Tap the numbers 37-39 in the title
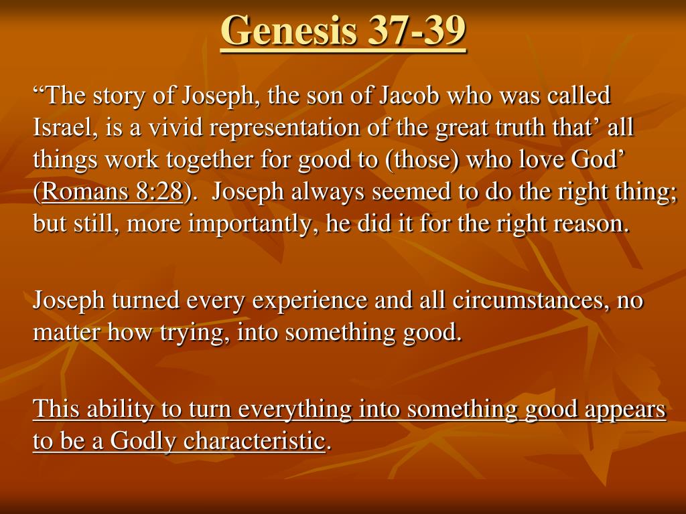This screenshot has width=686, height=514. (x=417, y=29)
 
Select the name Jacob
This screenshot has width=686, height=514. (x=409, y=95)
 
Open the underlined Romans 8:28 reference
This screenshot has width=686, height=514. (x=112, y=191)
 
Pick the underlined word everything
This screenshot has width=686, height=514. (x=295, y=410)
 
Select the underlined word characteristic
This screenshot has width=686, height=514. (x=253, y=440)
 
